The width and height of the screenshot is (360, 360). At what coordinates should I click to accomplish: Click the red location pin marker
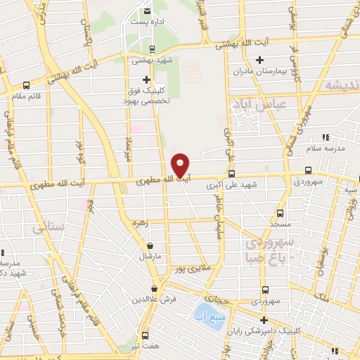[x=181, y=165]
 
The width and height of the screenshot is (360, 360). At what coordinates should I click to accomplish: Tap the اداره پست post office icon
[x=147, y=11]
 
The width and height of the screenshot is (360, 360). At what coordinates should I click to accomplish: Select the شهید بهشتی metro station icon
[x=153, y=49]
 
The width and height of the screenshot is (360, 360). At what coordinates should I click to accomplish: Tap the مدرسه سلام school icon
[x=325, y=139]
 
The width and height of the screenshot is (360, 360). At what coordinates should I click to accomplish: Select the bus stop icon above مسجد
[x=281, y=212]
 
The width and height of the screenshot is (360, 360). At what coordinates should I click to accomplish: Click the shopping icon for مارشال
[x=150, y=245]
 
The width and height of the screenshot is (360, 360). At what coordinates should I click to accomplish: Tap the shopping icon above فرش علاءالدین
[x=155, y=288]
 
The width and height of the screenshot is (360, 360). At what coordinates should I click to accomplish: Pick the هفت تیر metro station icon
[x=146, y=335]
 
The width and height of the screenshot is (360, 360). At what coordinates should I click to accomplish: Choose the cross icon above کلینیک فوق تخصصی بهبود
[x=146, y=80]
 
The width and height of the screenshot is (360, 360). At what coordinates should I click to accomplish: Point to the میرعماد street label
[x=129, y=148]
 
